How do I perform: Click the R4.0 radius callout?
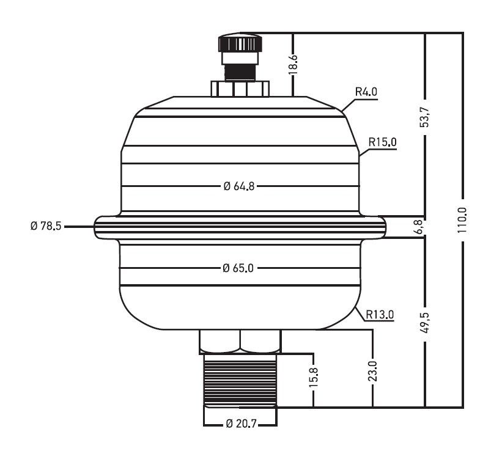click(x=366, y=92)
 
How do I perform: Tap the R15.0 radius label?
click(x=382, y=142)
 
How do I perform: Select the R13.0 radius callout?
click(x=380, y=314)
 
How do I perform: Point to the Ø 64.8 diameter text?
click(x=239, y=186)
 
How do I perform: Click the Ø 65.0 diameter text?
click(x=238, y=268)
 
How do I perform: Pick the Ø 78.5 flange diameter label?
click(x=46, y=226)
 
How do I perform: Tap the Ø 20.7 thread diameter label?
click(x=241, y=424)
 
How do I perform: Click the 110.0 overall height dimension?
click(x=462, y=219)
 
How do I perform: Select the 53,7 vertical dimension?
click(x=425, y=117)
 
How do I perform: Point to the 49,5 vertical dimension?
click(x=425, y=322)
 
